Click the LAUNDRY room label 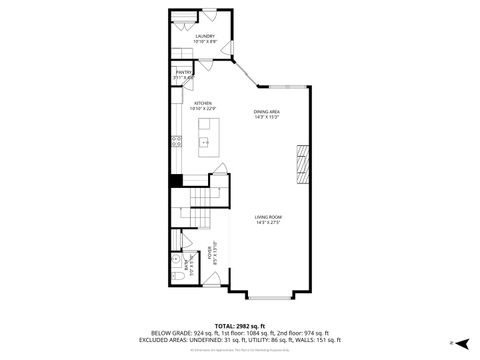204,35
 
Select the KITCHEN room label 202,103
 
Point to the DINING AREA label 267,112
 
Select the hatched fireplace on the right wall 302,162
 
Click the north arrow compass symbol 452,342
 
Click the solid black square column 175,180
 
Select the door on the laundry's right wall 230,50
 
